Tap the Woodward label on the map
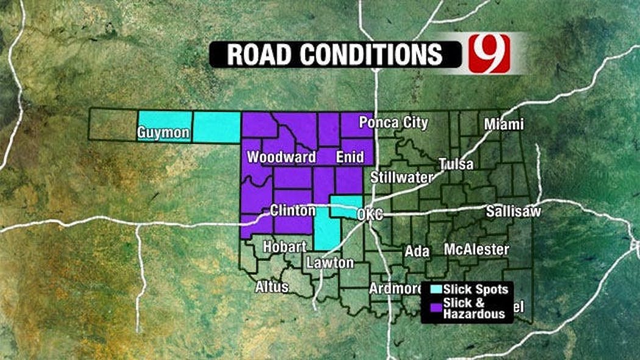(282, 157)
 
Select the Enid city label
(350, 157)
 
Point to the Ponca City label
(393, 122)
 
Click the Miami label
(503, 124)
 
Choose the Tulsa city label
(456, 164)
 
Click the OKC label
(369, 215)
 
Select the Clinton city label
(293, 211)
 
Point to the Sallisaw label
(513, 211)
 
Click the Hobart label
(285, 247)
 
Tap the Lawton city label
(330, 263)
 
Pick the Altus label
(272, 286)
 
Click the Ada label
(418, 251)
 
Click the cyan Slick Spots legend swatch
(435, 289)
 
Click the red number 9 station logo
(489, 53)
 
